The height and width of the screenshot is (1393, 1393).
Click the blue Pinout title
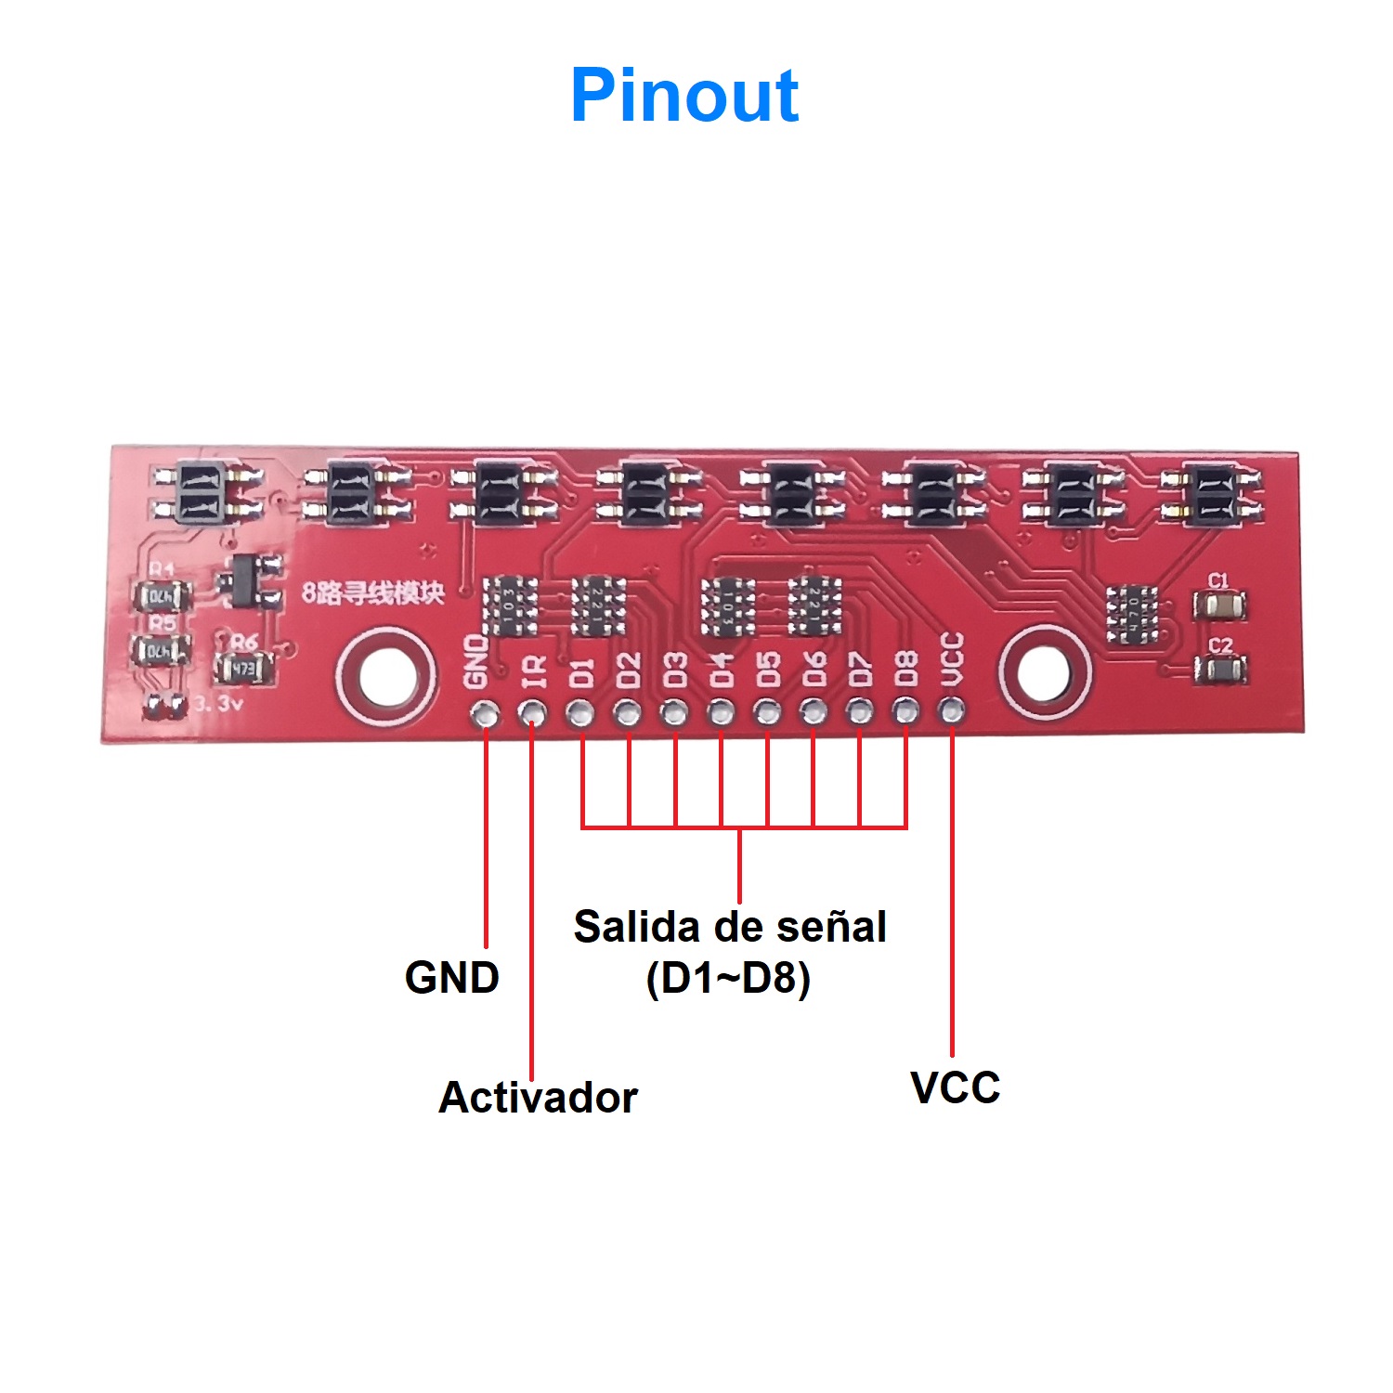tap(684, 95)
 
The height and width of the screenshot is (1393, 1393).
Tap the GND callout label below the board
tap(452, 978)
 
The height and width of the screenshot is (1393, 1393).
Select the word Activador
tap(538, 1097)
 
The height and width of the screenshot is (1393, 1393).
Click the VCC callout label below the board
tap(955, 1087)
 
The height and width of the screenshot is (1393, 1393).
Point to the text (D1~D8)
tap(728, 978)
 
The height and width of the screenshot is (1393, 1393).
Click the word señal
tap(832, 927)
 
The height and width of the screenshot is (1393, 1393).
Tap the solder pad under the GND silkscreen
tap(485, 713)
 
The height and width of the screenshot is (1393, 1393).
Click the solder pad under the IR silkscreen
tap(532, 713)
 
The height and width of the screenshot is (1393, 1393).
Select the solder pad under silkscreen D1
tap(580, 713)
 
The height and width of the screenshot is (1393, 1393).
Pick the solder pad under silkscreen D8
tap(905, 713)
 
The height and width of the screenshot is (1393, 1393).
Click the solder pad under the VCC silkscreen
tap(951, 713)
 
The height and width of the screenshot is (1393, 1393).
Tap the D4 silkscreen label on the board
tap(722, 669)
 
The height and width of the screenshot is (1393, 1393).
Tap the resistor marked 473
tap(242, 668)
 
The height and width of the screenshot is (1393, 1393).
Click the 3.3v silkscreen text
tap(218, 705)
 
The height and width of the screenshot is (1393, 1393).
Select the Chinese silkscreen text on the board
tap(373, 592)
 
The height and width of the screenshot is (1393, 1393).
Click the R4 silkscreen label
tap(162, 568)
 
